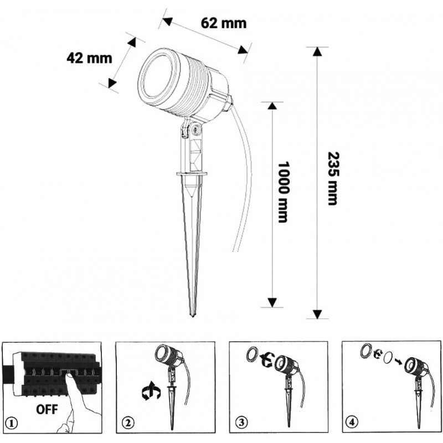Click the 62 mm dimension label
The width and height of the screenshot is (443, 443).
(x=224, y=23)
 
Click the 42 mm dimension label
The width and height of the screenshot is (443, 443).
(x=89, y=58)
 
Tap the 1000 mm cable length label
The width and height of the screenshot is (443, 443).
(x=283, y=192)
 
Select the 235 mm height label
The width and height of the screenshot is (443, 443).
(x=333, y=178)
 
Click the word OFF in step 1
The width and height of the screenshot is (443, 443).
(x=47, y=409)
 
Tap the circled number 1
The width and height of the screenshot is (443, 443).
(x=12, y=424)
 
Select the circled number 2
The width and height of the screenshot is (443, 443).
(x=128, y=423)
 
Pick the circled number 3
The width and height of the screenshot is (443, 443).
(x=241, y=423)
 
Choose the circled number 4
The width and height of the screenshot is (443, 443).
(x=352, y=423)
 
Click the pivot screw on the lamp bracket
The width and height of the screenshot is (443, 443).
(x=196, y=130)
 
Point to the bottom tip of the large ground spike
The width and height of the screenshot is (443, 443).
(x=193, y=316)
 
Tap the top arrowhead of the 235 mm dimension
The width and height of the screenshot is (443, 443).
(x=317, y=51)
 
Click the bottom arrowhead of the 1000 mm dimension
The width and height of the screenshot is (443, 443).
(x=272, y=302)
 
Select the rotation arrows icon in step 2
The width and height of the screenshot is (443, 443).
(x=151, y=391)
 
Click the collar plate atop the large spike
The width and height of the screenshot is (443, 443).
(x=192, y=173)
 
